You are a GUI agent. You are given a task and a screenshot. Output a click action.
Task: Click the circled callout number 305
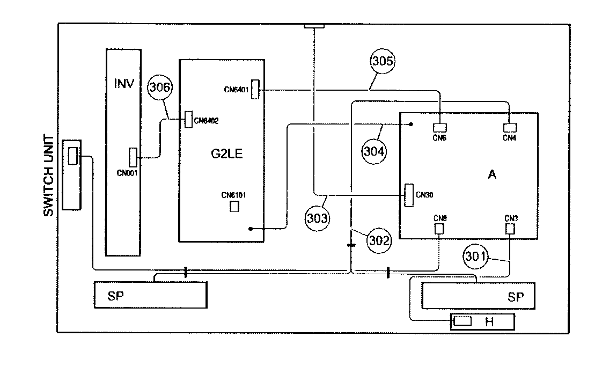[x=383, y=61]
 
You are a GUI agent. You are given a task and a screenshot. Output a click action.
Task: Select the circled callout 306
[x=160, y=87]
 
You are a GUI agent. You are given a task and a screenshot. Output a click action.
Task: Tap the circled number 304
[x=374, y=151]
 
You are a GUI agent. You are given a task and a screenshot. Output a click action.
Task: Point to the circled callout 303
[x=317, y=218]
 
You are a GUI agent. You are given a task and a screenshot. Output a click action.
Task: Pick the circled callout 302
[x=379, y=240]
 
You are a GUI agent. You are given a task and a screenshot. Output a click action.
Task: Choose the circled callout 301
[x=475, y=256]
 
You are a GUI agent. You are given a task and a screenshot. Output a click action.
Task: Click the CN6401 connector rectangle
[x=255, y=89]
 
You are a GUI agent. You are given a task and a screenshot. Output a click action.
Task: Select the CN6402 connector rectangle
[x=188, y=120]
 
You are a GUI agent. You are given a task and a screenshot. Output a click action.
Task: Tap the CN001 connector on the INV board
[x=133, y=157]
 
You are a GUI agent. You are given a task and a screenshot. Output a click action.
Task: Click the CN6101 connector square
[x=234, y=206]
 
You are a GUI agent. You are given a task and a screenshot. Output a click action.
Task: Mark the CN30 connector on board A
[x=409, y=195]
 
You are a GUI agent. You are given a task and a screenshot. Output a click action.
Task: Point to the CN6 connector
[x=439, y=128]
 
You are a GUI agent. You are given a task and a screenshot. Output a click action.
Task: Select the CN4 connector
[x=510, y=128]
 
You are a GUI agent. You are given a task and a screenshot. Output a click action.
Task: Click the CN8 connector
[x=439, y=229]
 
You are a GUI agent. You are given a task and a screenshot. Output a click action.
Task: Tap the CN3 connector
[x=510, y=229]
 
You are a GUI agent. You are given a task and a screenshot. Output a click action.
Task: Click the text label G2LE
[x=226, y=153]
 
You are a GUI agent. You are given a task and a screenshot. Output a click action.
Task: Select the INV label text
[x=124, y=83]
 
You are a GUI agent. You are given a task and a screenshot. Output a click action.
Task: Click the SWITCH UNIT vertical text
[x=48, y=175]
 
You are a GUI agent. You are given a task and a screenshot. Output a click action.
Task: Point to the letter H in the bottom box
[x=489, y=321]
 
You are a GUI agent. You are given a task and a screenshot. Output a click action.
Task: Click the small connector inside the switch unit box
[x=72, y=156]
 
